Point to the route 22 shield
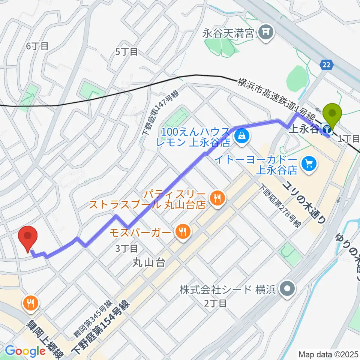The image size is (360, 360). coord(327,64)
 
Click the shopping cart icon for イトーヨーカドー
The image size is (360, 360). coord(309,163)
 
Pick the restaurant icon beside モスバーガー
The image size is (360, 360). coord(182,231)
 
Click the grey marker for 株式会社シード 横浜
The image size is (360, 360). coord(288,289)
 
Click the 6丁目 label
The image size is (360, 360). coord(37,46)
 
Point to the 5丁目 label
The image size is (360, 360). coord(127,52)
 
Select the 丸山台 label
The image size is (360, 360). coord(148,263)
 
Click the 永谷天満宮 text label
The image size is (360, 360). coord(229,34)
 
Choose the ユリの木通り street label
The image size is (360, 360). coord(304,202)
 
